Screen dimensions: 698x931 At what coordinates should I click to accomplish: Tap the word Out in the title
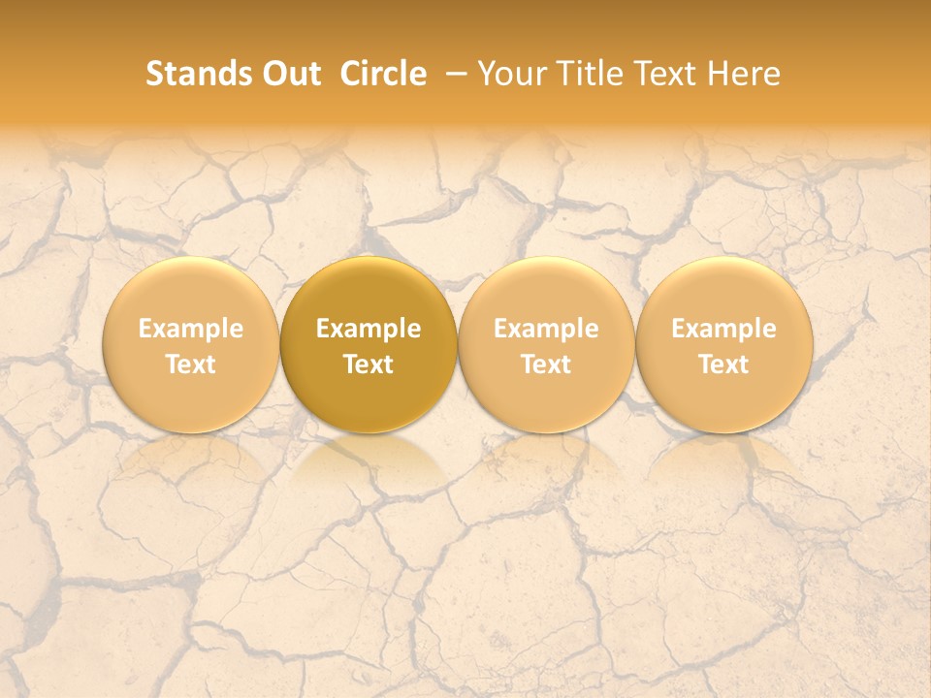(x=289, y=74)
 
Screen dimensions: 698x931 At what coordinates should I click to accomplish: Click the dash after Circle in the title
(x=453, y=74)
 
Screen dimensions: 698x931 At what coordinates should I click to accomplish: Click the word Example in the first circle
(x=191, y=329)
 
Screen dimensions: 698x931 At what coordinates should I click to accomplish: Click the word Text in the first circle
(x=191, y=365)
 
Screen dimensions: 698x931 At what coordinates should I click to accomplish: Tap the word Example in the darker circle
(x=369, y=329)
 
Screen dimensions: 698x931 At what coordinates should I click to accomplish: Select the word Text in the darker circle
(x=369, y=365)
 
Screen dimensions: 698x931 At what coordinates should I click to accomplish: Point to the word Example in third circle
(x=546, y=329)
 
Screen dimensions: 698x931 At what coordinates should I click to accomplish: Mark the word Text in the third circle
(x=546, y=365)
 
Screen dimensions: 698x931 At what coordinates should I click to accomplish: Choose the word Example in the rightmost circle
(x=724, y=329)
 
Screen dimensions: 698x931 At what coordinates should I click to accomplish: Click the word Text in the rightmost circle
(x=724, y=365)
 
